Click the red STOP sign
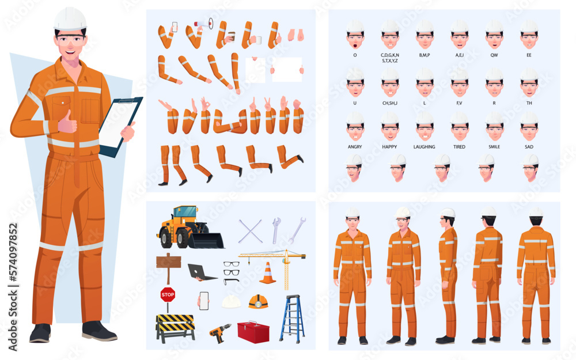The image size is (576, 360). click(x=168, y=295)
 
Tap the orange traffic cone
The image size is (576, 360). click(x=267, y=274)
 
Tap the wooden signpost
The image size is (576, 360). click(x=168, y=264)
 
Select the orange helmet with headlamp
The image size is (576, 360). click(x=257, y=301)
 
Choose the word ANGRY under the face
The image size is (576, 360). click(x=355, y=147)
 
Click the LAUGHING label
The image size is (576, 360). click(x=425, y=147)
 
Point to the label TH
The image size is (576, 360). click(x=529, y=103)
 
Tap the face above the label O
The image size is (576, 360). click(x=355, y=37)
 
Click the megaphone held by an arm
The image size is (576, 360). click(x=203, y=24)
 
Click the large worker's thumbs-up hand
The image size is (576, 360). click(x=67, y=122)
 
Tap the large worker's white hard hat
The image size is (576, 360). click(x=70, y=19)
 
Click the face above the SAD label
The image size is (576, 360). click(x=529, y=130)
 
